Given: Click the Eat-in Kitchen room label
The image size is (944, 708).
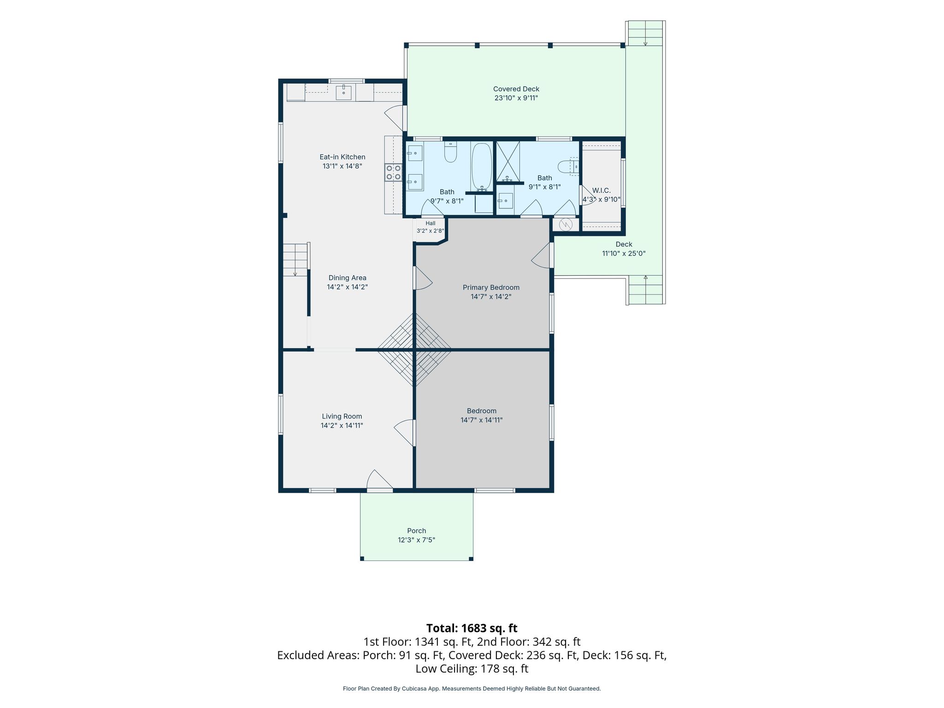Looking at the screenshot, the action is click(342, 157).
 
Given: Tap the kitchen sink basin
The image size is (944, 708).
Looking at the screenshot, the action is click(343, 93).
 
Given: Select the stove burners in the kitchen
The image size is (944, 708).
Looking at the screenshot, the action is click(393, 172).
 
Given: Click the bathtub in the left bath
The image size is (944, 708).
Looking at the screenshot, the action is click(482, 167).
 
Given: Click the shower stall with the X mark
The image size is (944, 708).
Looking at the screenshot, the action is click(508, 161).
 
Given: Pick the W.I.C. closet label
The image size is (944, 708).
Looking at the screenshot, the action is click(602, 190).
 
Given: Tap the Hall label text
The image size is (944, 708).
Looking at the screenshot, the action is click(431, 223).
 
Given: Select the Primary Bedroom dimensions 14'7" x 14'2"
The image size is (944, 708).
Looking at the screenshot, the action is click(491, 296).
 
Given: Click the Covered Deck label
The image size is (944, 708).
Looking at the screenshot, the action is click(516, 89).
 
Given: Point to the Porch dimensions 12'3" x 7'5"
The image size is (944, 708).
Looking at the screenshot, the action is click(417, 540).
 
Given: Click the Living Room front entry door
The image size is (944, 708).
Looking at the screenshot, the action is click(380, 480).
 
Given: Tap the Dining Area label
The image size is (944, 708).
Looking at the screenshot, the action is click(348, 277).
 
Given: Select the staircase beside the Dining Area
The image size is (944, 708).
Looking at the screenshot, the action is click(295, 260).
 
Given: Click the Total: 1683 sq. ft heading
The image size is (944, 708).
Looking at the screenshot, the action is click(472, 628).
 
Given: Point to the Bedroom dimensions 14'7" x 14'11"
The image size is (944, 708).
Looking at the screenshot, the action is click(482, 420).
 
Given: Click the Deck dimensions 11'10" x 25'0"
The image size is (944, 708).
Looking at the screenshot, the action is click(624, 253).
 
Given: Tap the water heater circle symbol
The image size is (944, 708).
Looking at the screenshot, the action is click(566, 224).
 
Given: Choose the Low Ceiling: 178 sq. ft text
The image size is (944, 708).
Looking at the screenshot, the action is click(472, 668).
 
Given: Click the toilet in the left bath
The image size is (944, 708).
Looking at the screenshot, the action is click(450, 152).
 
